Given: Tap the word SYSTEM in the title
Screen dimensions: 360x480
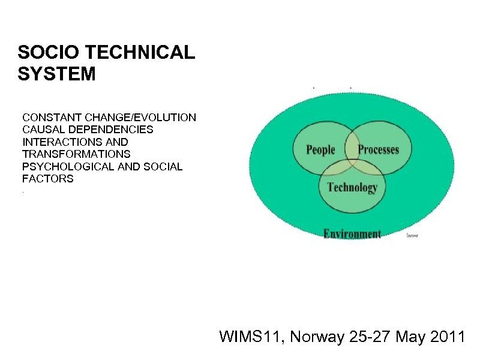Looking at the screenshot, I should [x=56, y=74].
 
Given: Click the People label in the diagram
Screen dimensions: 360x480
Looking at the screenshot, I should [x=320, y=149].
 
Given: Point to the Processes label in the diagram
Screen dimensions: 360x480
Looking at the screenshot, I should [x=378, y=149].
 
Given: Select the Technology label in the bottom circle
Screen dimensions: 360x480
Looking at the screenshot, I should [x=352, y=187].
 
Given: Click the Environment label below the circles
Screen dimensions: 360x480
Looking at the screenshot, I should [x=352, y=233].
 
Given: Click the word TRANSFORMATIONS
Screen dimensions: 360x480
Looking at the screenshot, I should [x=76, y=154].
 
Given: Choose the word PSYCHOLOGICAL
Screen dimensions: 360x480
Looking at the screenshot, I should [x=68, y=166].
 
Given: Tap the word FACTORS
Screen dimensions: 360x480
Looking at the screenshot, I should [x=48, y=178].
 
